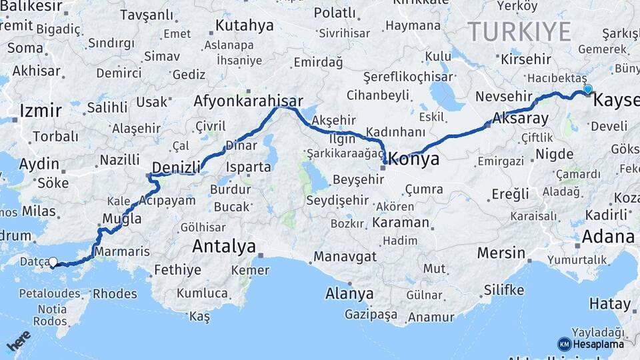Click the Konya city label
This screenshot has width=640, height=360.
tap(413, 159)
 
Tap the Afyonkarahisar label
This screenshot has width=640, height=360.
tap(243, 101)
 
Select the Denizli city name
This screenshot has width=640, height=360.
tap(176, 167)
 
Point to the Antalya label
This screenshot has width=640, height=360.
tap(224, 247)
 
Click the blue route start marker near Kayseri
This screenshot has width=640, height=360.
tap(587, 89)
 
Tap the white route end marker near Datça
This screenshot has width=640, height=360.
tap(53, 263)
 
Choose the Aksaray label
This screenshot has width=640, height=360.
tap(520, 119)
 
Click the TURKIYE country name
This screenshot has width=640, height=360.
tap(519, 31)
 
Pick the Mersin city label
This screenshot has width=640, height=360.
tap(501, 253)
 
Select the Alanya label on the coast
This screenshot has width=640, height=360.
tap(349, 293)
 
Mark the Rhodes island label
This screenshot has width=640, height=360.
tap(114, 293)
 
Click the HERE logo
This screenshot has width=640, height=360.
tap(19, 341)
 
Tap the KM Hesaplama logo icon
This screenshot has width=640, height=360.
tap(564, 344)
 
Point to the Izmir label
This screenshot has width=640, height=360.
tap(41, 111)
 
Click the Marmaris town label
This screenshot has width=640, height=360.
tap(122, 252)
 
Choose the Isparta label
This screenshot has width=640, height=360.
tap(249, 167)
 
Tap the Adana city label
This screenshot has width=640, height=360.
tap(607, 237)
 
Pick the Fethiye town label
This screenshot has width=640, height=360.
tap(177, 270)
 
